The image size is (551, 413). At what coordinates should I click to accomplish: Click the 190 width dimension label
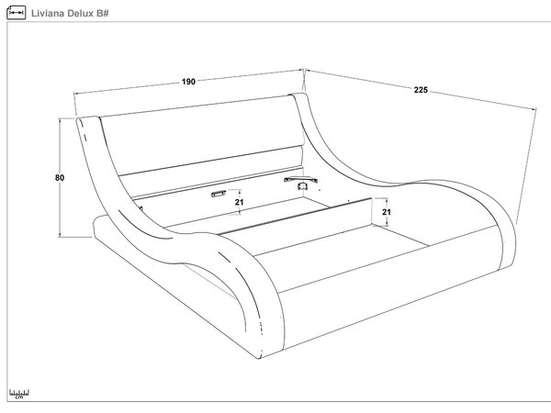[x=188, y=82]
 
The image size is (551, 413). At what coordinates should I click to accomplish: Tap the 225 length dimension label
[x=421, y=90]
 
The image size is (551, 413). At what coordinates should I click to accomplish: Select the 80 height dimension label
[x=60, y=178]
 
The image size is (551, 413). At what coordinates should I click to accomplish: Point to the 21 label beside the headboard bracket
[x=240, y=202]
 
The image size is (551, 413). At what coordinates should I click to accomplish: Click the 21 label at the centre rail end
[x=387, y=212]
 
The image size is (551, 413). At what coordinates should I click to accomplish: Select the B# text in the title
[x=102, y=14]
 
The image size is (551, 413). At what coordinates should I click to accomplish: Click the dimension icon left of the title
[x=17, y=13]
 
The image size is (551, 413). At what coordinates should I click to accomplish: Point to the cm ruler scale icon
[x=19, y=394]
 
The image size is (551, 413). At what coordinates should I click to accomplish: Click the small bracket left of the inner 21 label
[x=219, y=194]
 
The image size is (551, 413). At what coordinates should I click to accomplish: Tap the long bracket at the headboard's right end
[x=300, y=180]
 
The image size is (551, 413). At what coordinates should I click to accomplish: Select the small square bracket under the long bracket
[x=302, y=186]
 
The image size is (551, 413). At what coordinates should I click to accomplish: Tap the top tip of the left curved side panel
[x=79, y=119]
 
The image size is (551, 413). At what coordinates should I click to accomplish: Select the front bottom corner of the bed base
[x=259, y=358]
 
